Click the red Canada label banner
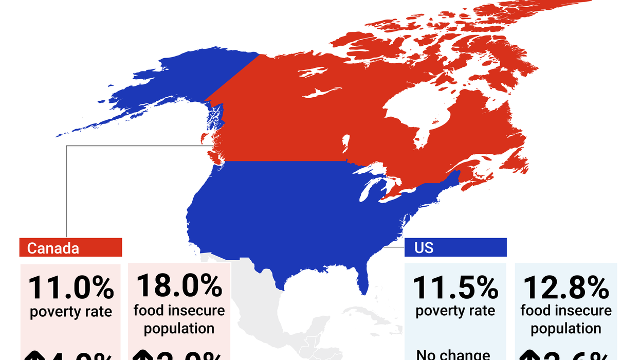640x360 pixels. [x=70, y=248]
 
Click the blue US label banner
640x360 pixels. [x=455, y=248]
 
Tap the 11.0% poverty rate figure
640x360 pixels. [x=70, y=288]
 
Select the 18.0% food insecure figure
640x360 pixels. [x=178, y=286]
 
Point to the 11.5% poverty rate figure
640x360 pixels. [x=455, y=288]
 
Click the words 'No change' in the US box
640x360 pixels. [x=453, y=354]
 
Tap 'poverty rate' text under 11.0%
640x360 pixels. [x=70, y=312]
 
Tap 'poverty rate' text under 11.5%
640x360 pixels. [x=455, y=311]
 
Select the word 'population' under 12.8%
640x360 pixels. [x=565, y=329]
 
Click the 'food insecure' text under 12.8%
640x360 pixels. [x=565, y=311]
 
